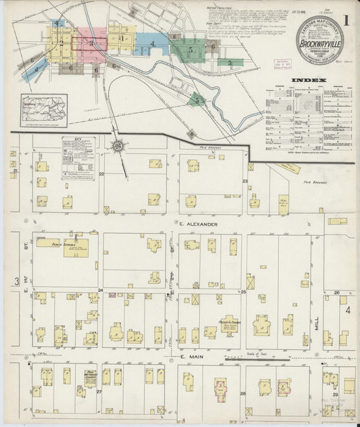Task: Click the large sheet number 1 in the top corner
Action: coord(345,20)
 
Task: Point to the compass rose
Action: coord(118,145)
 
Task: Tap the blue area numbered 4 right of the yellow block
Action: coord(153,45)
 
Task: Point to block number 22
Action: coord(101,174)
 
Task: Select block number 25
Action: coord(242,292)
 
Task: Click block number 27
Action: coord(99,391)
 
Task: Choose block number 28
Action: coord(241,392)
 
